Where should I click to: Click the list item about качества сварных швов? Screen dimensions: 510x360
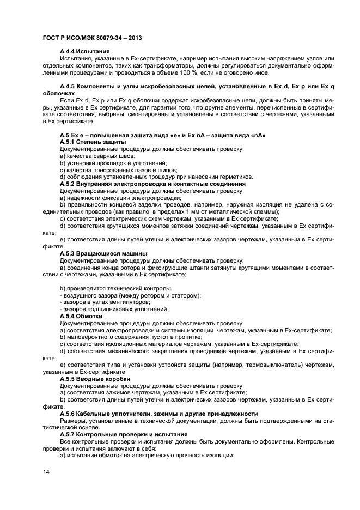(x=97, y=156)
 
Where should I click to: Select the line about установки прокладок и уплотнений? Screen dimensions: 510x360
(x=113, y=163)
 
